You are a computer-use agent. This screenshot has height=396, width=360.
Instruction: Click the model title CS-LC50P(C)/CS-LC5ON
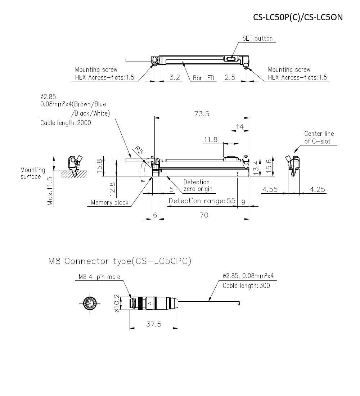tap(298, 17)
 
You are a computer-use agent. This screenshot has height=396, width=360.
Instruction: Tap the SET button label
tap(257, 39)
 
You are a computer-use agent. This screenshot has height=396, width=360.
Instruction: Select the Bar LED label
tap(203, 78)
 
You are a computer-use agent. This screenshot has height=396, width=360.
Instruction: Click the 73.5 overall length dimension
tap(202, 114)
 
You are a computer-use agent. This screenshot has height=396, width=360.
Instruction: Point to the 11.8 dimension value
tap(211, 140)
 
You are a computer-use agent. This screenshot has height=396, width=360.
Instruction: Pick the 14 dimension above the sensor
tap(239, 127)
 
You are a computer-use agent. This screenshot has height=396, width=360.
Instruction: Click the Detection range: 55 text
tap(202, 201)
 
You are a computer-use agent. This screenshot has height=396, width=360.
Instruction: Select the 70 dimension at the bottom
tap(204, 215)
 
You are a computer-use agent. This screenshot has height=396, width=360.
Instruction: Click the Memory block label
tap(109, 203)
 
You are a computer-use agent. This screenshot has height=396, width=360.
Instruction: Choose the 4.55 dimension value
tap(270, 189)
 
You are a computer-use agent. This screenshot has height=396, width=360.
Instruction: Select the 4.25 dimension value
tap(317, 189)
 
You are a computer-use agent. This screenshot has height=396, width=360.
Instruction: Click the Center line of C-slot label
tap(319, 138)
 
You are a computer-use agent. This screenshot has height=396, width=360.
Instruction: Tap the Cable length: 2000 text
tap(66, 123)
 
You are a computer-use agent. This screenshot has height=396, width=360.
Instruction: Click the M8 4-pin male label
tap(99, 277)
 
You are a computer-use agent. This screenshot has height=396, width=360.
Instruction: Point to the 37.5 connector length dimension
tap(154, 324)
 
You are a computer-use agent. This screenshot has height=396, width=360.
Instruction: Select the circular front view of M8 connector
tap(89, 303)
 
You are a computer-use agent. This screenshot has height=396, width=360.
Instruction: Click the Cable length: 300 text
tap(246, 286)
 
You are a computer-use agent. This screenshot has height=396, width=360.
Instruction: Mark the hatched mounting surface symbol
tap(74, 174)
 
